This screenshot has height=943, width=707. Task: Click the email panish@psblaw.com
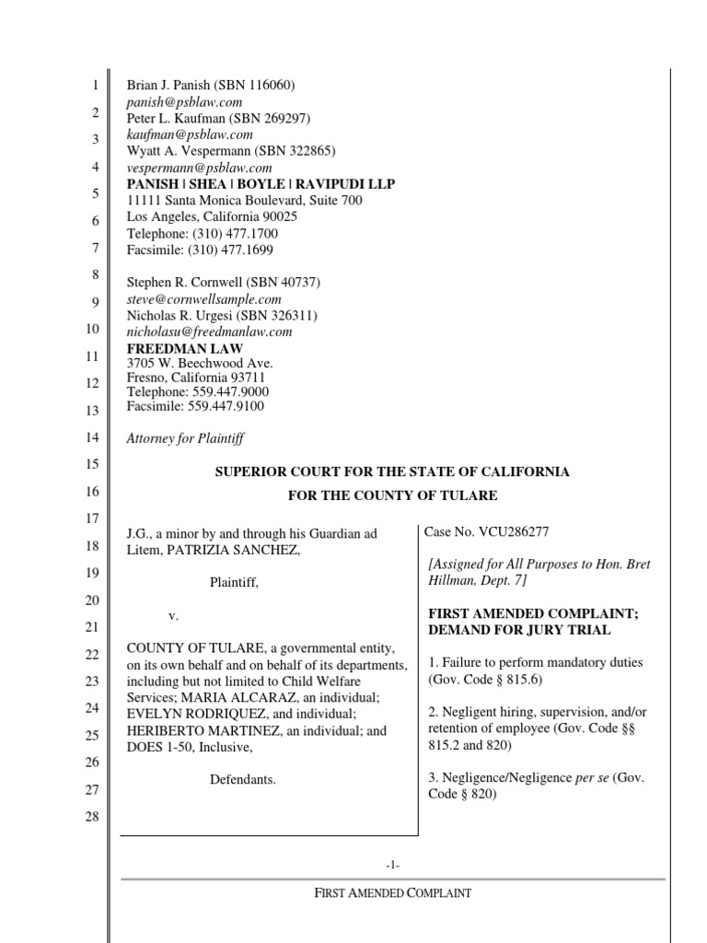tap(183, 102)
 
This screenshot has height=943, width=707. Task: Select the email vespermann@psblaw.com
tap(199, 168)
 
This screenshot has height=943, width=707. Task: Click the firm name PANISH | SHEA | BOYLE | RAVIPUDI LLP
tap(261, 184)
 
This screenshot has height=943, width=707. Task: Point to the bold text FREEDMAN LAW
tap(184, 349)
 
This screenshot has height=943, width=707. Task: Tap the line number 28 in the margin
tap(91, 816)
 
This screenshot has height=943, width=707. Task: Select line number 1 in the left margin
tap(93, 87)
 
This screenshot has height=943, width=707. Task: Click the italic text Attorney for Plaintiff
tap(185, 438)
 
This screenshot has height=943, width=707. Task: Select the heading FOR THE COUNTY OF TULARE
tap(392, 495)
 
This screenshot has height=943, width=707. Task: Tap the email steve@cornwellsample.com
tap(203, 299)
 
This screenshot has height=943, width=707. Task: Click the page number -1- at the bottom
tap(392, 865)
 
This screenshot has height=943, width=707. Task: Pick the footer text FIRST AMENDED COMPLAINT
tap(392, 892)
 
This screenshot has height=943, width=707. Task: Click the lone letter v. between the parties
tap(173, 614)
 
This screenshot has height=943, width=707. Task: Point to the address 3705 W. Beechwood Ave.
tap(200, 364)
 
